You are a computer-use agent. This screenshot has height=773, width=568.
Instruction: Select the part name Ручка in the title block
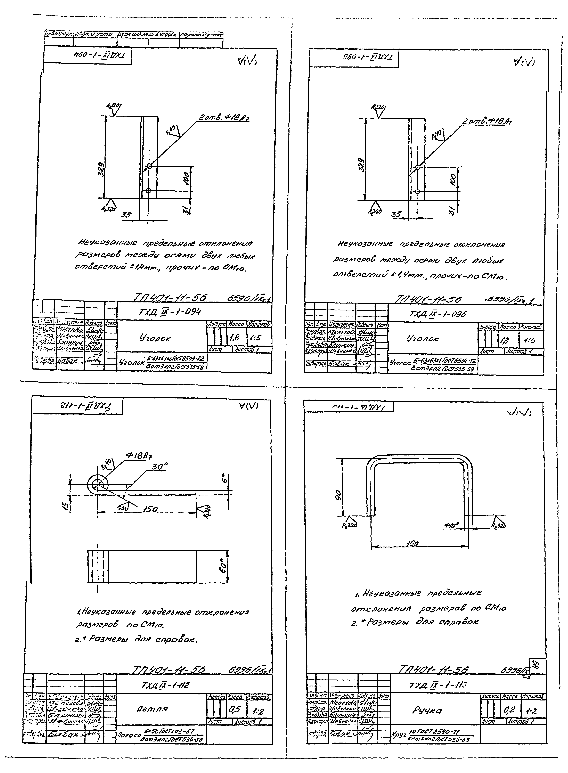tap(427, 710)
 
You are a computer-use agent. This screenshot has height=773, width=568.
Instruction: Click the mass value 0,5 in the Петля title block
tap(234, 709)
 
